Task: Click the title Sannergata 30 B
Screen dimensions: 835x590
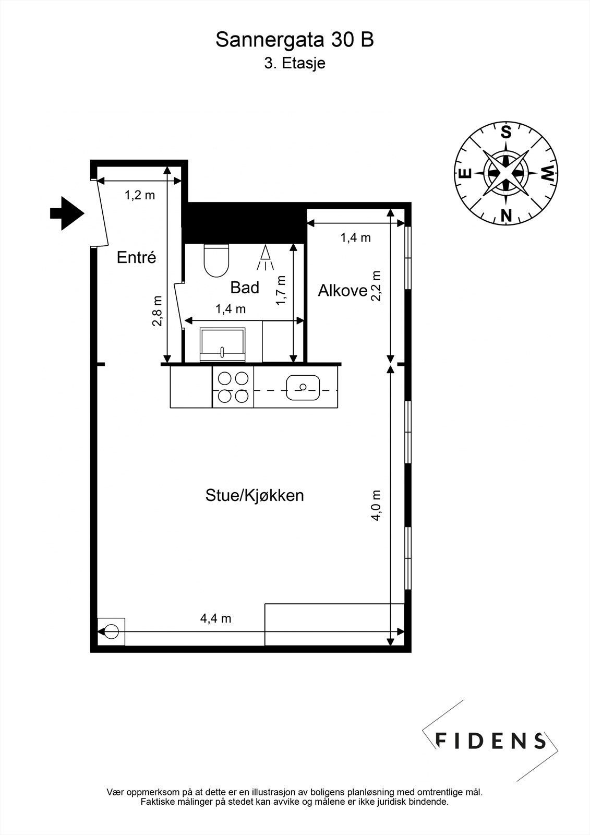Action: pos(295,40)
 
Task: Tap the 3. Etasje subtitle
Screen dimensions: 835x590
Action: pos(295,64)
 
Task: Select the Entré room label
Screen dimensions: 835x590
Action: pos(136,257)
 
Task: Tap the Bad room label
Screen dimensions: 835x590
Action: pos(245,288)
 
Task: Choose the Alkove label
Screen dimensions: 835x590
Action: pos(343,291)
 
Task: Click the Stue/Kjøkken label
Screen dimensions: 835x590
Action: pos(255,495)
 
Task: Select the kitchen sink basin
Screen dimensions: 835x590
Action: pos(303,387)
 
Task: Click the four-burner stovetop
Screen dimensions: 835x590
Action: pos(233,387)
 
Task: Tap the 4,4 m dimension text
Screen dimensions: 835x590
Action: pos(215,618)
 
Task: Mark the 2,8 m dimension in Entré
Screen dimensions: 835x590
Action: pos(157,311)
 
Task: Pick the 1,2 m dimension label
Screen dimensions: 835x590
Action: pos(139,196)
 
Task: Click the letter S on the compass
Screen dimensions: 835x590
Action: pos(505,132)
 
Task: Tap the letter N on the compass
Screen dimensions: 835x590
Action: pos(505,214)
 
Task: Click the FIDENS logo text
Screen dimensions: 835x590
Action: pos(490,741)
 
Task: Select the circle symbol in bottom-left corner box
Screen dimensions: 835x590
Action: pos(111,632)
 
